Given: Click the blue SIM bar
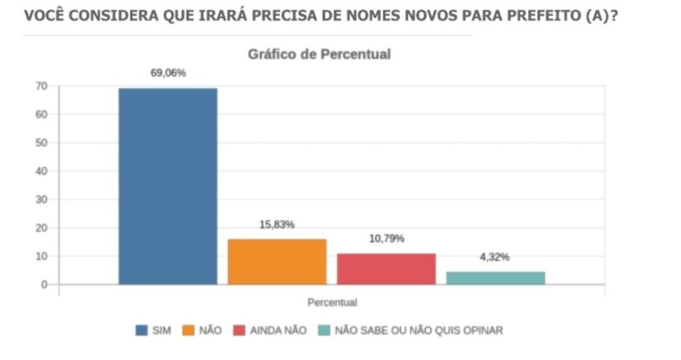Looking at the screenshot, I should (168, 186).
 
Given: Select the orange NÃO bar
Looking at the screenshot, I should (276, 261).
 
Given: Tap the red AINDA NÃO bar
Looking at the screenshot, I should (386, 268).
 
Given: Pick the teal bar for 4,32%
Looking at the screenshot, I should (495, 278).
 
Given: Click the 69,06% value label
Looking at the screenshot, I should (168, 73).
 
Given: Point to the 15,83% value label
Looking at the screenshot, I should (277, 225).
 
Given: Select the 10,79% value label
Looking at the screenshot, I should (386, 239).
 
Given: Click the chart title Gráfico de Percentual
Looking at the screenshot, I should (319, 54).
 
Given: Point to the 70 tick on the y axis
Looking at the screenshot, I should (42, 86).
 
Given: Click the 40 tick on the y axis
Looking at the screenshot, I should (42, 171).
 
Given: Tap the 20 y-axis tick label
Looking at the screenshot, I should (42, 228).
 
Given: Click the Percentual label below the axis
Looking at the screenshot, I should (332, 301).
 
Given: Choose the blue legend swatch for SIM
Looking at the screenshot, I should (142, 331).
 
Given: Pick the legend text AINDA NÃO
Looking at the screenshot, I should (279, 331).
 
